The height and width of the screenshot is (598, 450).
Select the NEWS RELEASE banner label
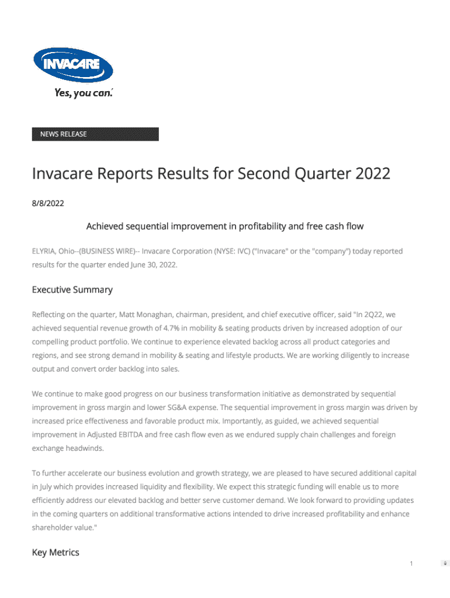click(63, 134)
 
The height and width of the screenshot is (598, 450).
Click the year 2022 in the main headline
click(372, 174)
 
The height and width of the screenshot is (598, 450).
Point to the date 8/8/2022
click(48, 204)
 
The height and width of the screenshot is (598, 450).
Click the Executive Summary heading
click(72, 290)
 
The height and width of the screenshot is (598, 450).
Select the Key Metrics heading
click(56, 552)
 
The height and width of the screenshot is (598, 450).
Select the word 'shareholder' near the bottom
click(56, 527)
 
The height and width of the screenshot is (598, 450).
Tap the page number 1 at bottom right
click(411, 564)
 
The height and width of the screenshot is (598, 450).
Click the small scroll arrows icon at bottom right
click(445, 564)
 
